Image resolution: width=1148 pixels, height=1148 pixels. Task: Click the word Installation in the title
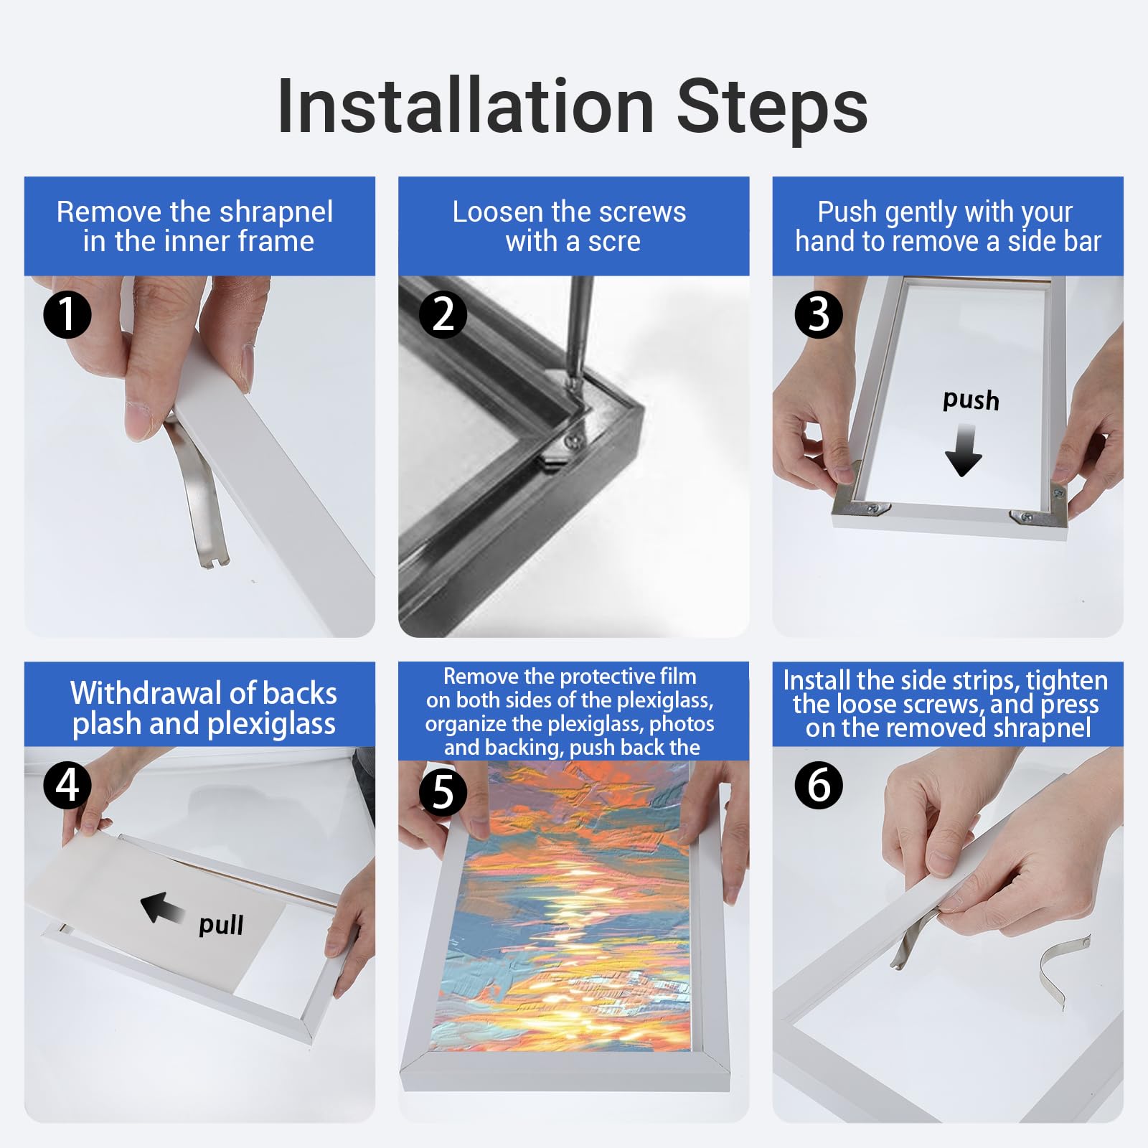click(x=466, y=106)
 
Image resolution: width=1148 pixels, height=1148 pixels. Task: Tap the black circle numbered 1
click(x=67, y=314)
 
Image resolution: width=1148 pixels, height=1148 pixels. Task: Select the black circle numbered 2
click(x=443, y=314)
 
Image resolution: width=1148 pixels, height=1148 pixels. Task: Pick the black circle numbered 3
click(x=819, y=314)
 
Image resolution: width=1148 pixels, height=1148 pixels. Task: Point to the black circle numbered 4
click(x=67, y=785)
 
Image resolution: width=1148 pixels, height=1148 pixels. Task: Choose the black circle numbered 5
click(x=443, y=793)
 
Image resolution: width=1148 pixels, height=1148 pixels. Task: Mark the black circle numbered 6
click(x=819, y=785)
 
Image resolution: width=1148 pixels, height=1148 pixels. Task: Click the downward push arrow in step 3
click(x=963, y=450)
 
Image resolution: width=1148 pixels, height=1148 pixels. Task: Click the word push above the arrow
click(x=971, y=400)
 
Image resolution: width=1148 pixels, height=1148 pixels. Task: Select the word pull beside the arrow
click(x=221, y=925)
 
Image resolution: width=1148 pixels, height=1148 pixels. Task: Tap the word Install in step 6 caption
click(x=817, y=680)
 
